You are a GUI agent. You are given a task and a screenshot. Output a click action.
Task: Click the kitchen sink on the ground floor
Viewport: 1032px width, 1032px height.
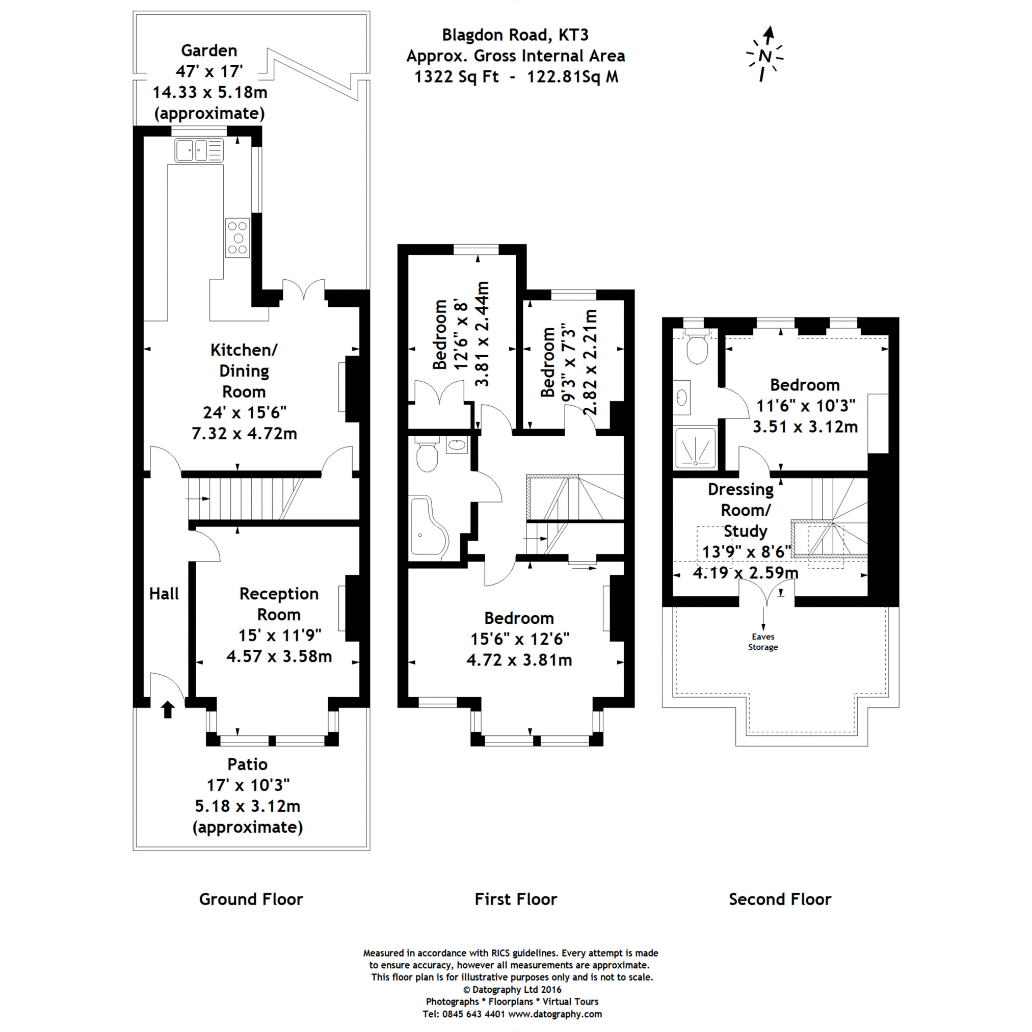[199, 150]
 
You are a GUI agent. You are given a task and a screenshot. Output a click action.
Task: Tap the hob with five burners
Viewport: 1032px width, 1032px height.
[237, 238]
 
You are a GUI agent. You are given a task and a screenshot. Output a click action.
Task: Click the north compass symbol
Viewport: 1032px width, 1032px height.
[765, 55]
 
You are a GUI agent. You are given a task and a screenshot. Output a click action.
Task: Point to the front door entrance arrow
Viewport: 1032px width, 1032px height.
[168, 709]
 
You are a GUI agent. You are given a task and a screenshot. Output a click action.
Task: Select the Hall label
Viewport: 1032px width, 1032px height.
[164, 593]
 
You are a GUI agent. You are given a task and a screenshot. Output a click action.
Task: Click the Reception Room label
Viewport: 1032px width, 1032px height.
[279, 603]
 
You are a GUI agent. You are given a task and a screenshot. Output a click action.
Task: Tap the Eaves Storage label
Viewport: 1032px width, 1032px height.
[763, 642]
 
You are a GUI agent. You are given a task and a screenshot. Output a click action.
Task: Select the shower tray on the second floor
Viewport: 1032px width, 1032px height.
[695, 447]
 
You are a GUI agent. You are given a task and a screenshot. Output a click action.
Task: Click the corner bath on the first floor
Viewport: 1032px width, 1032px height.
[428, 526]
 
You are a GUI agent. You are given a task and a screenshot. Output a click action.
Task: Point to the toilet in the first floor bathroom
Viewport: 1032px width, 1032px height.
[427, 455]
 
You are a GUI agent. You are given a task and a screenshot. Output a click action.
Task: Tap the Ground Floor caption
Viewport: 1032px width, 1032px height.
[251, 899]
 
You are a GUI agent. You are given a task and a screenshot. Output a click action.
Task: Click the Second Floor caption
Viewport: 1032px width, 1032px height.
[780, 899]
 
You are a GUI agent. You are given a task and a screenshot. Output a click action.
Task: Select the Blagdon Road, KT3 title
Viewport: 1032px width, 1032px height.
[515, 35]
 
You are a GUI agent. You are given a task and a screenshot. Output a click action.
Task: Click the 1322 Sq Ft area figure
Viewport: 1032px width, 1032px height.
[456, 77]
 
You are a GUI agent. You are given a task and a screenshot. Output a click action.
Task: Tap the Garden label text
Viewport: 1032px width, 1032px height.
[209, 51]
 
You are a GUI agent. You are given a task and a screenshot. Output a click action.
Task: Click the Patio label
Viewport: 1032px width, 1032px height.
[247, 764]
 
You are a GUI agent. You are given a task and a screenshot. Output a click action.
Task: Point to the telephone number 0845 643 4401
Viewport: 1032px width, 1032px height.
[464, 1014]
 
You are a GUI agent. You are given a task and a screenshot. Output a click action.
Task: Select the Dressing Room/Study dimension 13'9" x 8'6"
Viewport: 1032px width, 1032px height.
[746, 552]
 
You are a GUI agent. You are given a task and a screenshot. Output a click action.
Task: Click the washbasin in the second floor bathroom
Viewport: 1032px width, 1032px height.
[682, 397]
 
